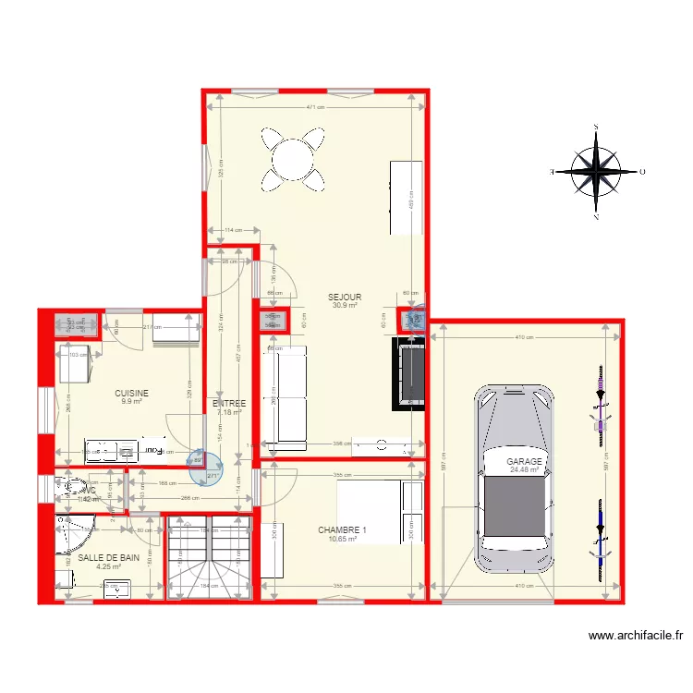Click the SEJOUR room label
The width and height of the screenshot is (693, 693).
[x=344, y=298]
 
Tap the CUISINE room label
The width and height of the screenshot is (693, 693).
[x=131, y=393]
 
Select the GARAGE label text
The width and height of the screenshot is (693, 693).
[x=524, y=461]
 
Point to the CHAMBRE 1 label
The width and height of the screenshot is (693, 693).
[x=342, y=530]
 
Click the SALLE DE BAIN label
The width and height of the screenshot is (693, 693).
[x=108, y=558]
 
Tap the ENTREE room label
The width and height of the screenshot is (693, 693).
[x=228, y=404]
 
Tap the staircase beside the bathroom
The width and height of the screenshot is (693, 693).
[x=209, y=557]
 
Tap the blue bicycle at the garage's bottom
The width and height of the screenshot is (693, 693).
[x=601, y=541]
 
